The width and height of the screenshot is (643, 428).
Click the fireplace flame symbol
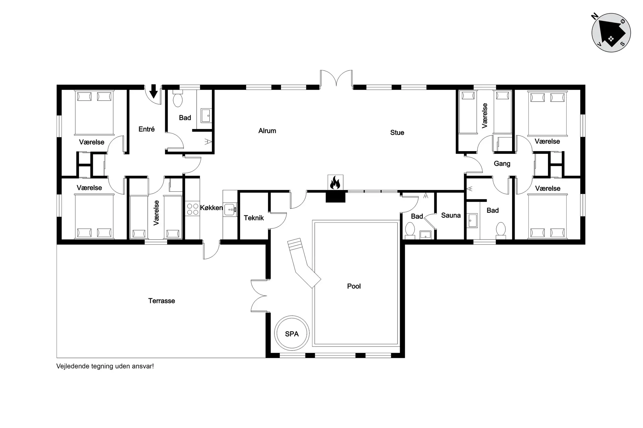point(335,183)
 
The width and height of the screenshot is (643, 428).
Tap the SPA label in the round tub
point(292,334)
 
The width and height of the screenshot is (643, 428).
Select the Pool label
point(354,286)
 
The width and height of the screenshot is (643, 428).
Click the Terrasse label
point(161,301)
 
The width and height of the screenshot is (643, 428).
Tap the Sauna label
point(451,215)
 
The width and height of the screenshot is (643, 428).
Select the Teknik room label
point(254,218)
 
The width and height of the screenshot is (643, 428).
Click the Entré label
point(147,129)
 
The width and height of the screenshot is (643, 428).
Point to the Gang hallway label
point(502,164)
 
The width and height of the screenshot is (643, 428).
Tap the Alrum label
point(267,131)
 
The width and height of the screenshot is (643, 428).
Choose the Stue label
point(397,133)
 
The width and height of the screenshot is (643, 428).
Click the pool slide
point(303,262)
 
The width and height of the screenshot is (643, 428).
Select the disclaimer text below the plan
point(105,366)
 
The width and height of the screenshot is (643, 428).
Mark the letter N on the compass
point(595,17)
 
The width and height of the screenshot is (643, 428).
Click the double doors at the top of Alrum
point(336,79)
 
